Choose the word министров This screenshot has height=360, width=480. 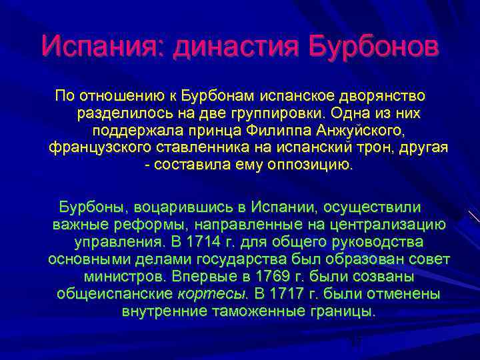click(x=125, y=275)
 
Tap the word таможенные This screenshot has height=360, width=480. click(x=263, y=310)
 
